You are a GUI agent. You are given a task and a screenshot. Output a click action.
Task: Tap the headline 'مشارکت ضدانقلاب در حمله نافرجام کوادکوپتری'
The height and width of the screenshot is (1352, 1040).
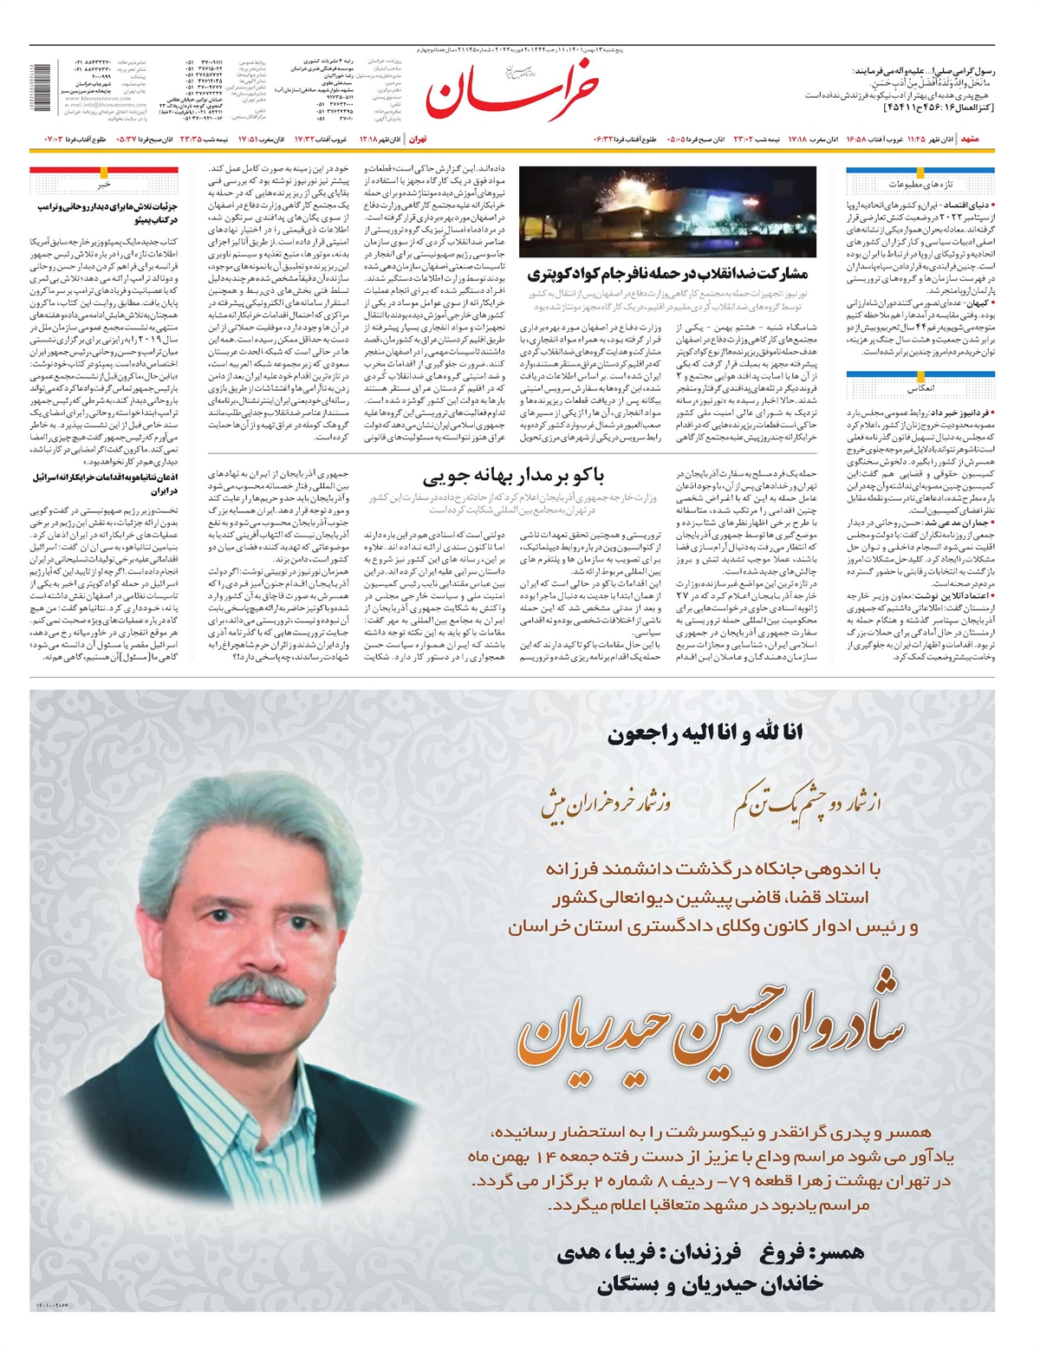tap(667, 275)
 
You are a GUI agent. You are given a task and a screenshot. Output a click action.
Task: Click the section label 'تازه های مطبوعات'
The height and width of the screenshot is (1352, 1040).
tap(920, 185)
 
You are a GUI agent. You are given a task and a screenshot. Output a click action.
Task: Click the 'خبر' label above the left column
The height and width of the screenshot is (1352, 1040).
tap(104, 185)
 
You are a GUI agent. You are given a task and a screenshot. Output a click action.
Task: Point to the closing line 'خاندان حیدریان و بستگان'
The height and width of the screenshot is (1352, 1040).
tap(710, 1284)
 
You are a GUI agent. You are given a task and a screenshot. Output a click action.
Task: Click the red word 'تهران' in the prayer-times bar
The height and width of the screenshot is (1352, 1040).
tap(418, 139)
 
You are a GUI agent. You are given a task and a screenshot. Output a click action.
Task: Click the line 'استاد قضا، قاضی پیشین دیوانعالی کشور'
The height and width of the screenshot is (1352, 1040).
tap(712, 897)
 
